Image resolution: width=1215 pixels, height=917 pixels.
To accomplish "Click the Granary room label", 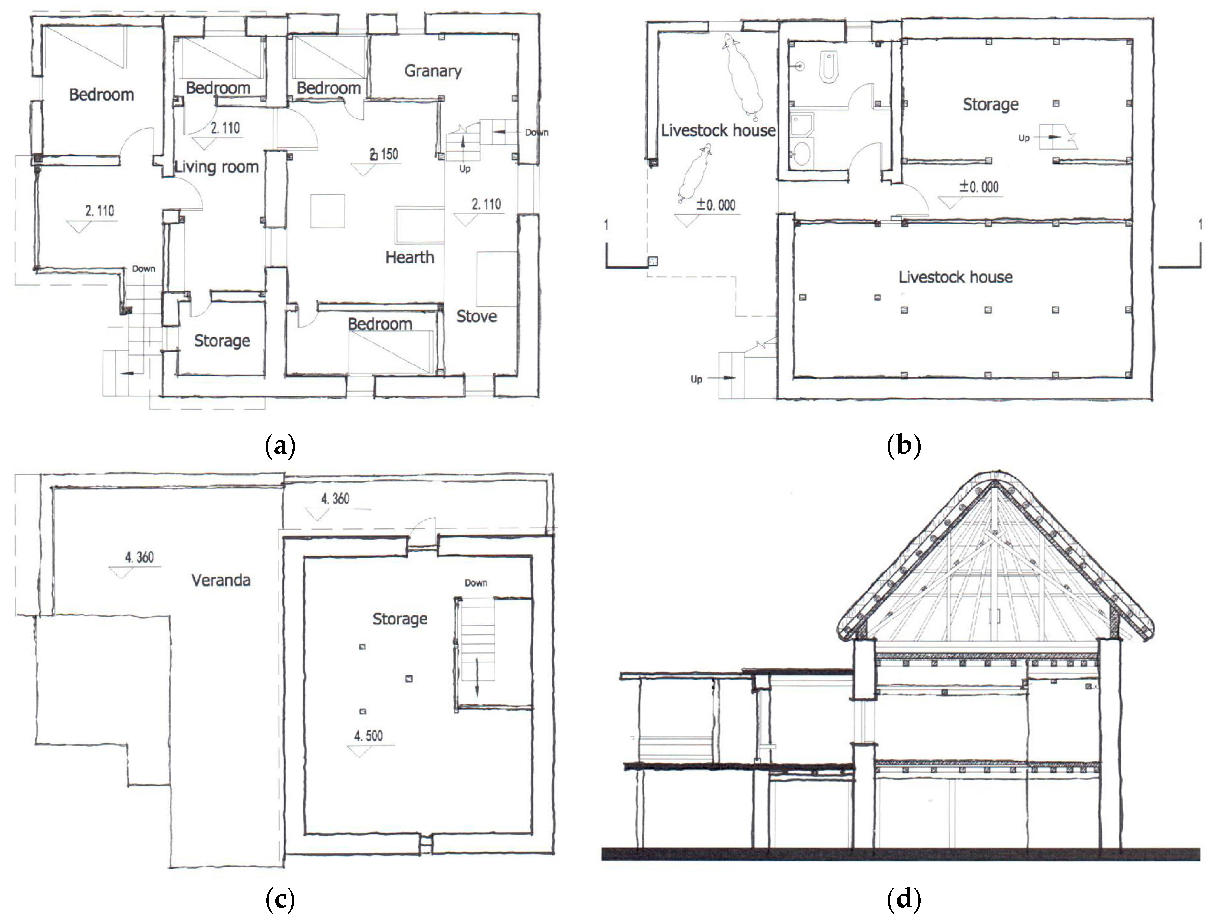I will [433, 71].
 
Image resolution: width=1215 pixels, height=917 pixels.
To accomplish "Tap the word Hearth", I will [409, 257].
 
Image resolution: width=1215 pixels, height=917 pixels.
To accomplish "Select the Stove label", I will [476, 316].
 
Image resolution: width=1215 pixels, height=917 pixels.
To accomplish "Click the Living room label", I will [216, 167].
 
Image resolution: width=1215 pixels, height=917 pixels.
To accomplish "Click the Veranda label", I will [221, 580].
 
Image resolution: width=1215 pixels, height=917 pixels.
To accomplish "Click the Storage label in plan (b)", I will [990, 104].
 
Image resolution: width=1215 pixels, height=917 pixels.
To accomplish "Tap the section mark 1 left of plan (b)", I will [606, 225].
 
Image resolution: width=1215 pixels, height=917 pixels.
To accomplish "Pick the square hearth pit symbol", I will [327, 211].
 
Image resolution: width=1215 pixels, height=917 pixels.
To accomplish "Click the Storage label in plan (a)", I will [222, 341].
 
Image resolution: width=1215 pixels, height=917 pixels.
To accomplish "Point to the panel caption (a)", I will [280, 446].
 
